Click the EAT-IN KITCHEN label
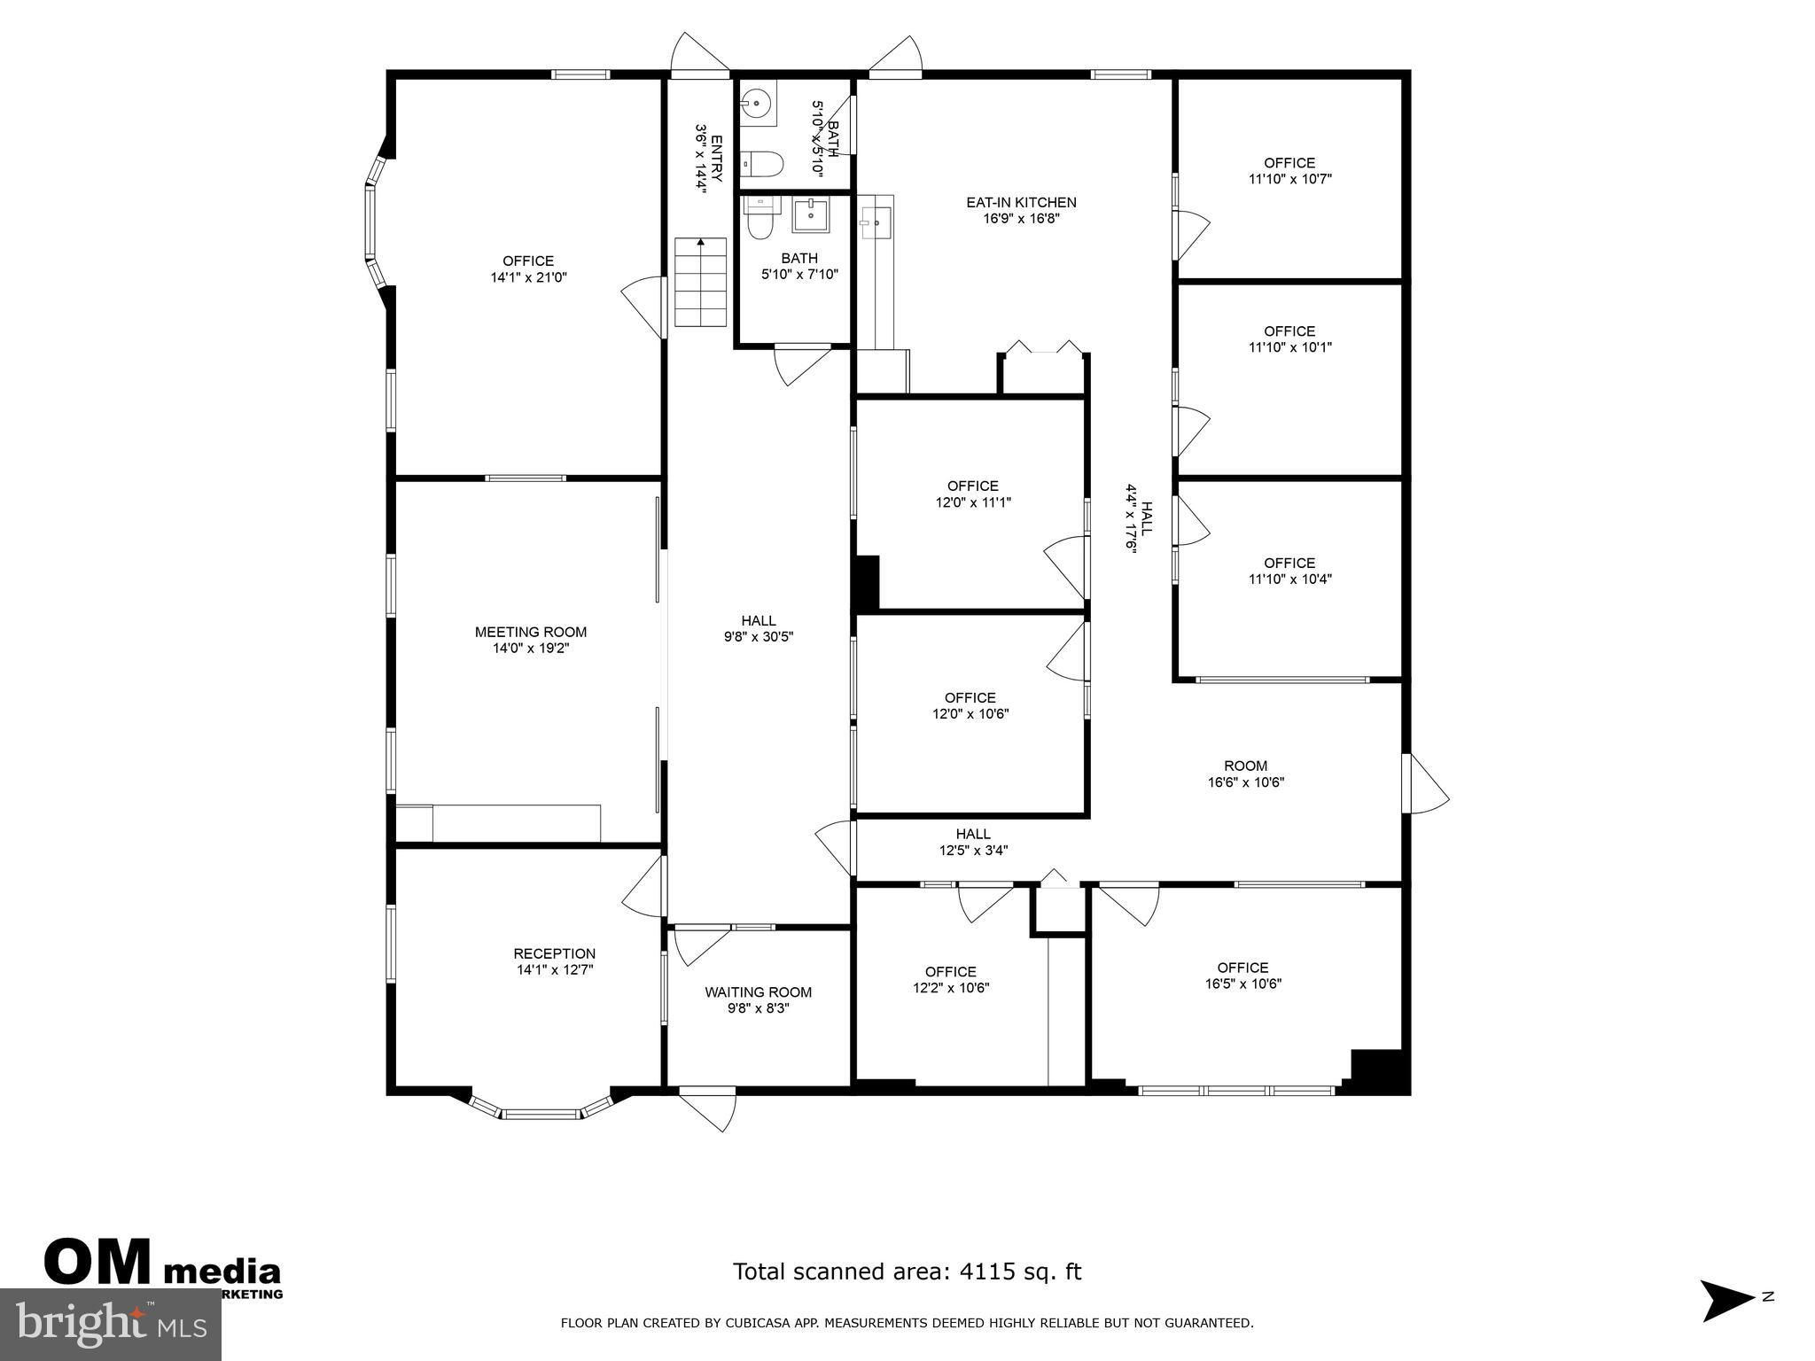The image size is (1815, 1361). [1021, 203]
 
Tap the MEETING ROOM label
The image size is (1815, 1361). [531, 633]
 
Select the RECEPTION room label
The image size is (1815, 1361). [555, 954]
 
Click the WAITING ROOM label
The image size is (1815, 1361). [759, 992]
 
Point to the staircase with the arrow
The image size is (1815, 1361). [701, 282]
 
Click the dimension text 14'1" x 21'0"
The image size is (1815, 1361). [529, 277]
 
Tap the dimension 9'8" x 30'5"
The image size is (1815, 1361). [759, 637]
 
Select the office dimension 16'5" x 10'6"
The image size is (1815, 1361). [1243, 984]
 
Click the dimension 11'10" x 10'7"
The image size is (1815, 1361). [1290, 179]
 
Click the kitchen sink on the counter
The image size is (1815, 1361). [876, 222]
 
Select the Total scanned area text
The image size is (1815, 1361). [907, 1272]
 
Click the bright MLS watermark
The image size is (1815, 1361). [111, 1326]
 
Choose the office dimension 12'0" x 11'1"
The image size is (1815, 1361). [973, 502]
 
